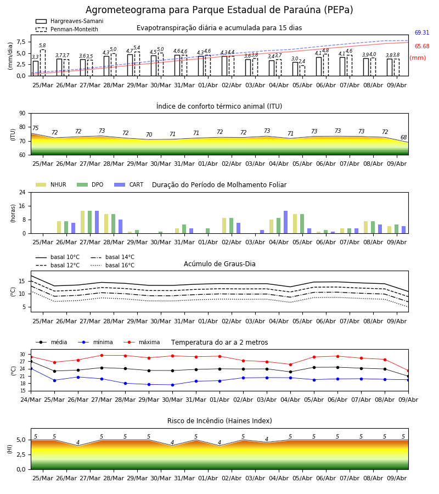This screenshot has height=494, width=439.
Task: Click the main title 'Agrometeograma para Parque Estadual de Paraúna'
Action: (204, 10)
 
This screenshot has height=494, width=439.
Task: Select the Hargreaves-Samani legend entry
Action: (69, 21)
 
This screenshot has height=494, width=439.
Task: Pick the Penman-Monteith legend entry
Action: (67, 29)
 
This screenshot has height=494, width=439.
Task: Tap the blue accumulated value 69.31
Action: (422, 32)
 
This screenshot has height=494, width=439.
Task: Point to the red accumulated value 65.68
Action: (422, 46)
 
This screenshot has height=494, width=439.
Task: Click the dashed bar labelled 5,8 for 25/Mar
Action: (42, 63)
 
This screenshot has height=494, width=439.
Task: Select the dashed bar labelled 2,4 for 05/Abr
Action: (302, 71)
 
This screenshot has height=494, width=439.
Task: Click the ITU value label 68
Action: (403, 137)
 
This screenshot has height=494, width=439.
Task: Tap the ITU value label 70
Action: (149, 134)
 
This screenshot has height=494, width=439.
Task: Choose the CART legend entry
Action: (129, 184)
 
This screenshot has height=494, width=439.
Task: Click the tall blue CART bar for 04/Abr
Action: (286, 222)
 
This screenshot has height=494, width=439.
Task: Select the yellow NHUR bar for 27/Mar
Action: (82, 222)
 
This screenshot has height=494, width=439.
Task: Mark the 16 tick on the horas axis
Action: (22, 206)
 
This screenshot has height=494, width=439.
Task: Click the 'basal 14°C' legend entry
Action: (112, 257)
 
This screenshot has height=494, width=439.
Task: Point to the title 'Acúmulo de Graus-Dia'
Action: (219, 263)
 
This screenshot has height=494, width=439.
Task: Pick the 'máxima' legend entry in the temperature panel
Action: (142, 342)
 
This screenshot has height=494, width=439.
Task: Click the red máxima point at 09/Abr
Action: (408, 371)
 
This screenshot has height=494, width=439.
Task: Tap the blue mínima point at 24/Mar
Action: (31, 368)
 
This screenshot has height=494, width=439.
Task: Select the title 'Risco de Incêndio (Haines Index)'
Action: (219, 420)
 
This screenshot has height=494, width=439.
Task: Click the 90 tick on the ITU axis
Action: (22, 114)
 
